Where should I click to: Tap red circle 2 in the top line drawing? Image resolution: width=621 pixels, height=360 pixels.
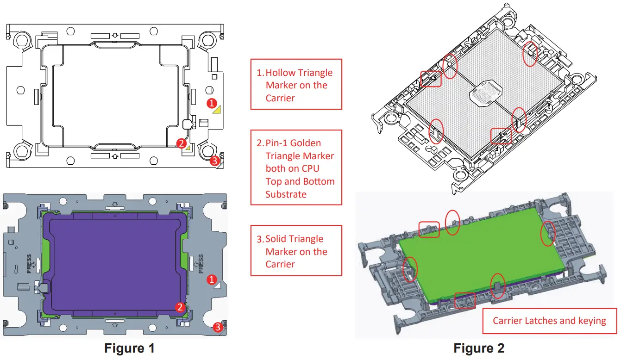[x=181, y=143]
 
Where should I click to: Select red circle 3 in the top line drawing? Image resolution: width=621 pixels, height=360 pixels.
[x=214, y=161]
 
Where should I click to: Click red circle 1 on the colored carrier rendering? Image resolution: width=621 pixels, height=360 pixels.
[x=211, y=279]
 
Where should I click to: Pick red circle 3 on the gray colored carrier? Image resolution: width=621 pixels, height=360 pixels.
[x=217, y=328]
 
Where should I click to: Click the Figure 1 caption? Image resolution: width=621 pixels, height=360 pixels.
[x=129, y=348]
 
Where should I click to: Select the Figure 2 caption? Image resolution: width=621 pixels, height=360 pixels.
[x=479, y=348]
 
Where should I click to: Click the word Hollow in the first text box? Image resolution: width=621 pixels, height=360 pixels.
[x=280, y=73]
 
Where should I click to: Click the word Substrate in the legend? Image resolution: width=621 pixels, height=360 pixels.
[x=286, y=194]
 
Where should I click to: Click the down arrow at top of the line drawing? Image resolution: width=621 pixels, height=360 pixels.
[x=115, y=35]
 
